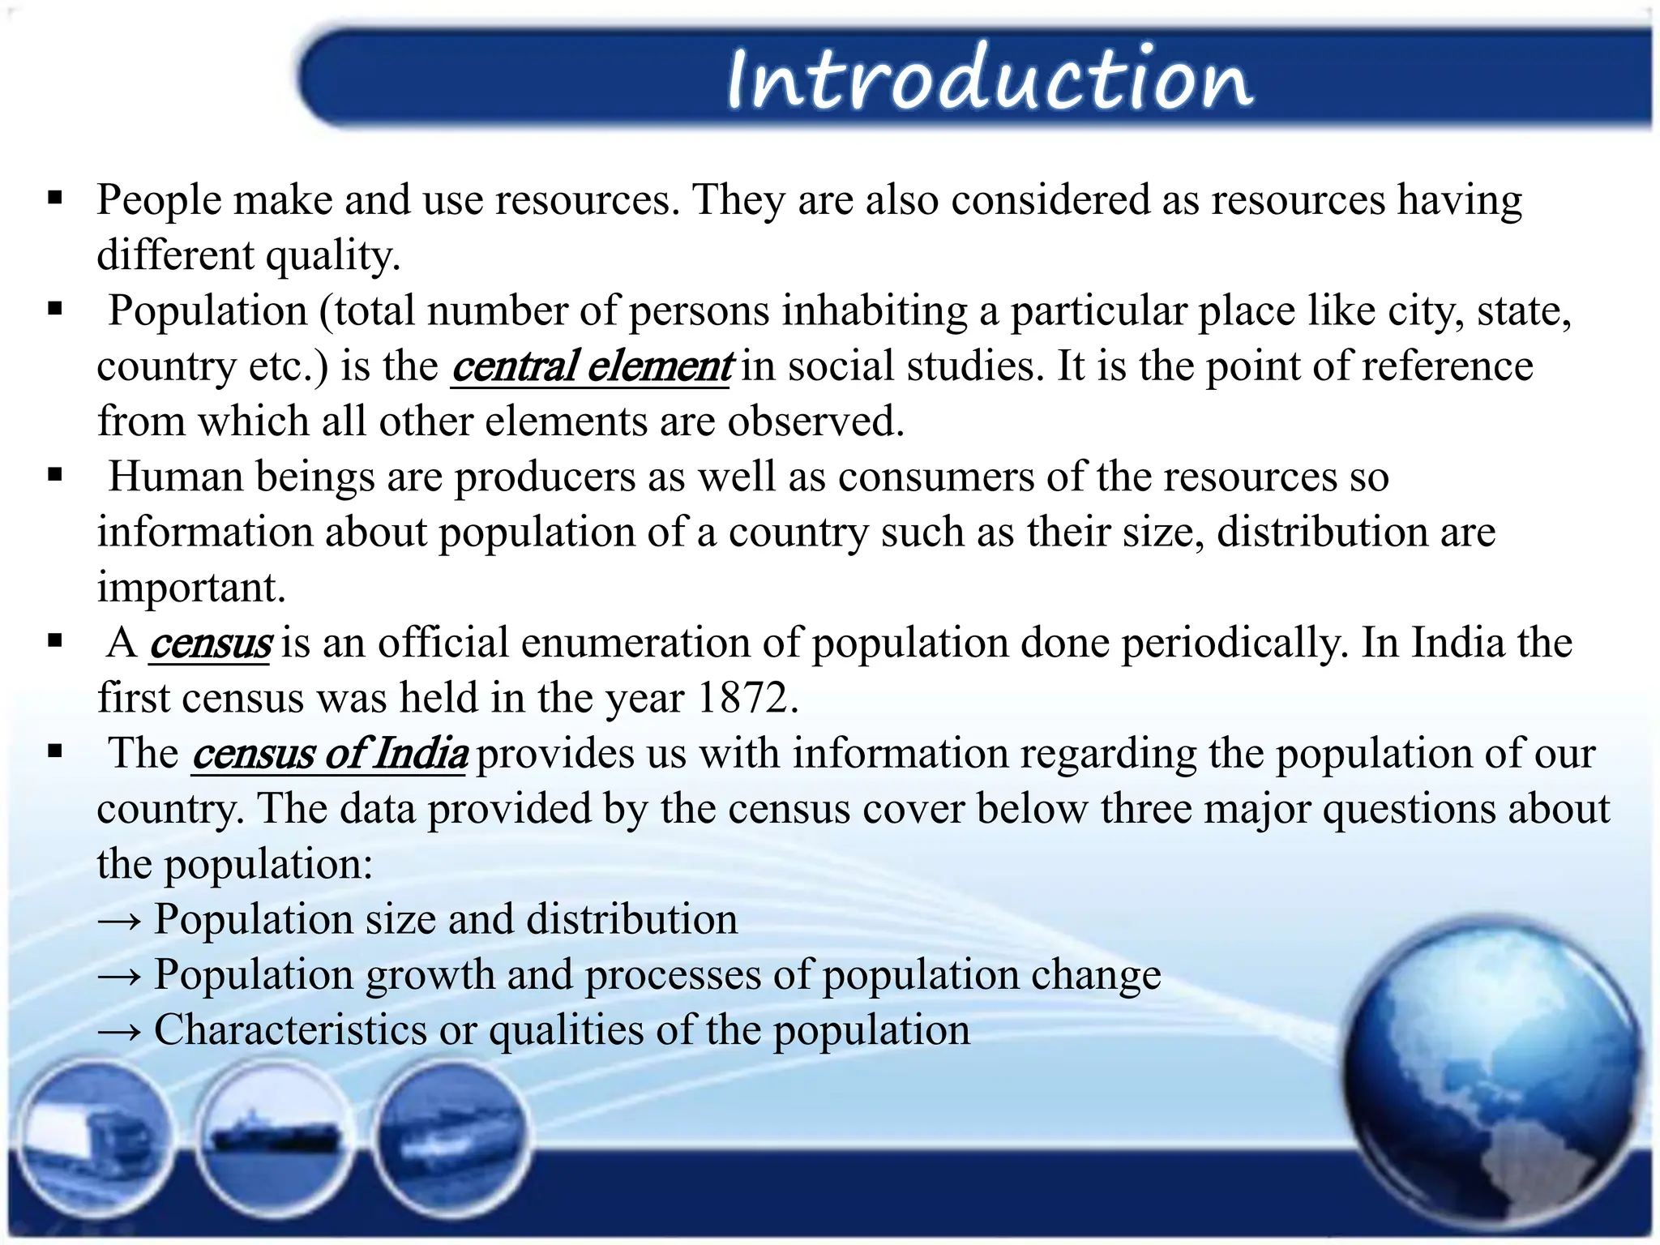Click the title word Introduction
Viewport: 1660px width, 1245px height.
tap(989, 79)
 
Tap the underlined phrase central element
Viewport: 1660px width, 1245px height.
tap(592, 366)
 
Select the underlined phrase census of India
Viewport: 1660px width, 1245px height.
tap(329, 754)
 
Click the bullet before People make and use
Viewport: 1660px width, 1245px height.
tap(55, 198)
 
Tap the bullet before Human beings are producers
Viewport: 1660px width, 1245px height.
tap(55, 475)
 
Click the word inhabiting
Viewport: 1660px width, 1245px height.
tap(875, 312)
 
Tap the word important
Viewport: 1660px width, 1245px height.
tap(191, 588)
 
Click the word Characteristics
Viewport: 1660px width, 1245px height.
tap(290, 1030)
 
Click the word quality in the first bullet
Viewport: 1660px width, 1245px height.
tap(333, 256)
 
